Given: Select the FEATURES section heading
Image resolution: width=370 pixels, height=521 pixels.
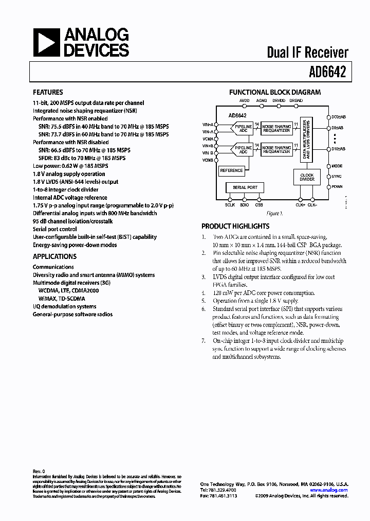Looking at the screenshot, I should [x=48, y=93].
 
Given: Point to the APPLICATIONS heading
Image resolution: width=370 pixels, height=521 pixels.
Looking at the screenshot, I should [x=54, y=256].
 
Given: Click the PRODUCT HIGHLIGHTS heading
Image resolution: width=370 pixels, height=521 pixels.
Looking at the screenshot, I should [x=235, y=226].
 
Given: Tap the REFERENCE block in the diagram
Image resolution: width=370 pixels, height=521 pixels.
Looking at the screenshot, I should [x=231, y=170].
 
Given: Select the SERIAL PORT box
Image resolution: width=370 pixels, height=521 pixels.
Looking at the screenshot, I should [x=245, y=187].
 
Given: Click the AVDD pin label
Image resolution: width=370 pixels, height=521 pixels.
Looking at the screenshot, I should [x=245, y=100].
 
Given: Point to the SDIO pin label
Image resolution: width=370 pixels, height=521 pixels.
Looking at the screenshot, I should [x=244, y=205].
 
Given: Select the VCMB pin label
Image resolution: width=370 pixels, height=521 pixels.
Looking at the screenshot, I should [x=208, y=161].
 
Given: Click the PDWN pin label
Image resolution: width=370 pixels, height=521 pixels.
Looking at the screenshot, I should [x=337, y=186].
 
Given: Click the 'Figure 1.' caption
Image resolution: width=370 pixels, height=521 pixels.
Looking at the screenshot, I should [x=274, y=213].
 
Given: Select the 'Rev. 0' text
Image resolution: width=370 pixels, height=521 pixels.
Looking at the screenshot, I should [x=39, y=471].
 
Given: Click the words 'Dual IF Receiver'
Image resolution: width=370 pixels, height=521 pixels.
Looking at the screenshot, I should [x=307, y=52].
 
